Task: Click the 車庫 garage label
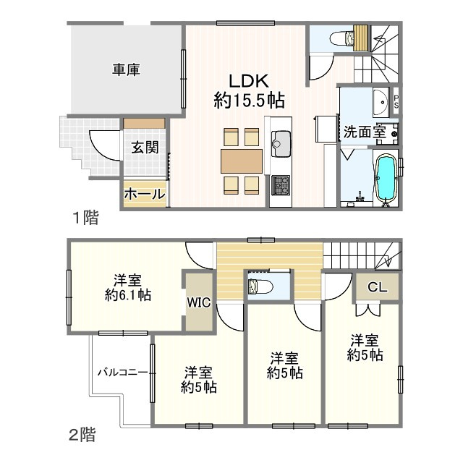point(126,70)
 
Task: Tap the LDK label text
point(249,80)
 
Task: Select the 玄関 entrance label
point(145,148)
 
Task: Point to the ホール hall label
point(145,194)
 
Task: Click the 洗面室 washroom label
point(363,132)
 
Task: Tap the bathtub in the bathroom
point(385,178)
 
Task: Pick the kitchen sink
point(280,143)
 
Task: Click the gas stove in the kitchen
point(280,185)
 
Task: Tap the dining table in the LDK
point(242,159)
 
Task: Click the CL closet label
point(377,287)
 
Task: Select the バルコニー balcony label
point(123,372)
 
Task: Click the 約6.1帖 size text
point(127,295)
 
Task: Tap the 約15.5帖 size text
point(249,101)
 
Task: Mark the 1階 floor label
point(85,216)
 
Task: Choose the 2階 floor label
point(82,436)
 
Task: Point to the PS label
point(396,103)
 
